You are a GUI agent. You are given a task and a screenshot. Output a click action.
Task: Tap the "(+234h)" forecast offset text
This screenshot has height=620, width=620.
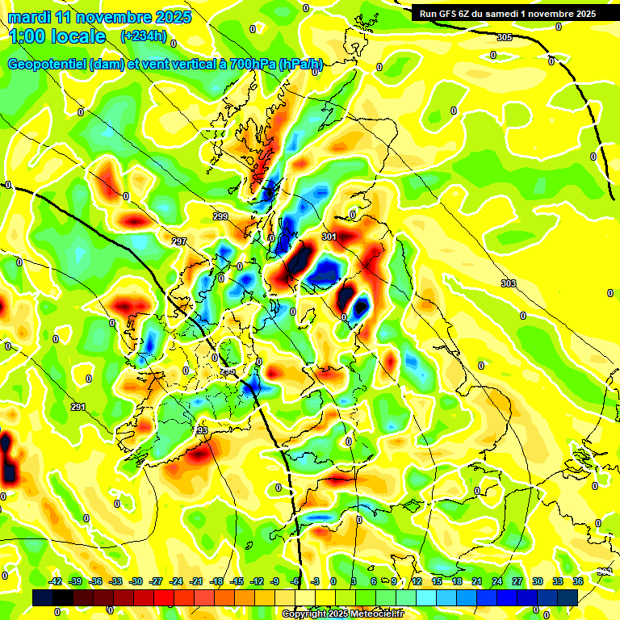tap(143, 36)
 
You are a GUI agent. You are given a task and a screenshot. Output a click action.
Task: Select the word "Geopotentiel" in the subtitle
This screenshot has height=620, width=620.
tap(47, 65)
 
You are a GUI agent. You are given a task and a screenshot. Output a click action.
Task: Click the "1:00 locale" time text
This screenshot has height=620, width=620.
tap(57, 36)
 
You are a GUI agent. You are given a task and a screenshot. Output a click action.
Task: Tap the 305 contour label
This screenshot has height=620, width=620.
tap(505, 38)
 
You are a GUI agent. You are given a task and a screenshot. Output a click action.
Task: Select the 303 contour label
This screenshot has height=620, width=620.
tap(508, 283)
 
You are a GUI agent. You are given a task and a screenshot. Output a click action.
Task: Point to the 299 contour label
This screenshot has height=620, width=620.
tap(220, 216)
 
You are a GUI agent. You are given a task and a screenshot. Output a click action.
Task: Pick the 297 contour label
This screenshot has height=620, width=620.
tap(179, 241)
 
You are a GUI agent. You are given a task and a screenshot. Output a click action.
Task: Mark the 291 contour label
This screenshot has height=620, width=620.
tap(77, 406)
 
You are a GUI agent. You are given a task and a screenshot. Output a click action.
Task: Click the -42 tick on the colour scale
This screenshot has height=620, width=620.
tap(57, 581)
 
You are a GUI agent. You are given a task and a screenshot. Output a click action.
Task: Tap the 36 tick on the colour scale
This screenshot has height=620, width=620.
tap(578, 581)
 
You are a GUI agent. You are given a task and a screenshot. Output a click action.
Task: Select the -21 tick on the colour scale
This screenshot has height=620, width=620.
tap(196, 581)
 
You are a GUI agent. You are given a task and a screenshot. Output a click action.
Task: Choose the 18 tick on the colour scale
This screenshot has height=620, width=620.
tap(457, 581)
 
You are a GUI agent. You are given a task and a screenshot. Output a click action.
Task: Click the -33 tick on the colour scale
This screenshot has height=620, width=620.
tap(116, 581)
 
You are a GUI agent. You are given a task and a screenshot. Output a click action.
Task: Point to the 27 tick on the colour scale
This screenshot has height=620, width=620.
tap(517, 581)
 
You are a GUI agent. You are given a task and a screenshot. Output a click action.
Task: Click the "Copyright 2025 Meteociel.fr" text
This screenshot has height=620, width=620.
tap(342, 614)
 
